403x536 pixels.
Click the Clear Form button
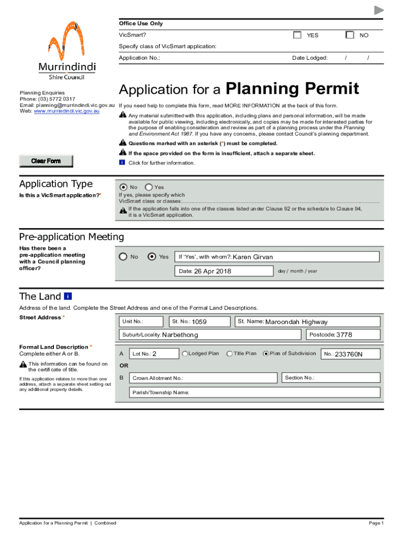tap(46, 161)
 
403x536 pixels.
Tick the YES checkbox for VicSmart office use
tap(297, 35)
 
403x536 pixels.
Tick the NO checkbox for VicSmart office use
tap(350, 35)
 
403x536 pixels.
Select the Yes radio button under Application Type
tap(149, 187)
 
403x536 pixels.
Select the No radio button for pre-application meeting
tap(123, 256)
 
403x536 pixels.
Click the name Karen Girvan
tap(252, 257)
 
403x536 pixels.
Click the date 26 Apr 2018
tap(212, 271)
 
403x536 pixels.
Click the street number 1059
tap(199, 322)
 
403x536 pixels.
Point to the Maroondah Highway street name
tap(296, 322)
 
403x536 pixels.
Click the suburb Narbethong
tap(180, 335)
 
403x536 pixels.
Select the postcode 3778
tap(344, 335)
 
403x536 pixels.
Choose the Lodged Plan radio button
tap(185, 354)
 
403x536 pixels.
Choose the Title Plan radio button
tap(230, 354)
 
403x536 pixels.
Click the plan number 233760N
tap(349, 354)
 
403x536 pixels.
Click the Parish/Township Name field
tap(283, 393)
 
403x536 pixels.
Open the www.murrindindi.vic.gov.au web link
tap(66, 111)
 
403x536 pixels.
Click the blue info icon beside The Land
tap(68, 296)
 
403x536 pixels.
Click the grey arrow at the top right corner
tap(379, 10)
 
